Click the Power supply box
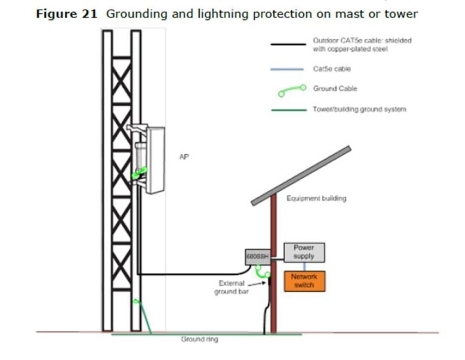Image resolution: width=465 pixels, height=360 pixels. pos(304,252)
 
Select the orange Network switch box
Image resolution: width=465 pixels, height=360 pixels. pos(304,281)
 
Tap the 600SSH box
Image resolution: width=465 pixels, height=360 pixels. pos(256,257)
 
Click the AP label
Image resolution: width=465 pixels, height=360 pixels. pos(185,157)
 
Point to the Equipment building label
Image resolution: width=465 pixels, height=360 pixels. pos(316,198)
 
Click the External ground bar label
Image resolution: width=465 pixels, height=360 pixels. pos(229,287)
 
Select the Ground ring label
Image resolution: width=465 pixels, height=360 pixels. pos(199,339)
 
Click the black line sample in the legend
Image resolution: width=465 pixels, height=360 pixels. pos(288,44)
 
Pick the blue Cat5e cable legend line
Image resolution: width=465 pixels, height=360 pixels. pos(288,70)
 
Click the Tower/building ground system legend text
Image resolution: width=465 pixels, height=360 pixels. pos(359,110)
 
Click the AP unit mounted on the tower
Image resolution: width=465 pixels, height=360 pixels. pos(156,160)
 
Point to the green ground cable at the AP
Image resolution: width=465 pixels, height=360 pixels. pos(137,174)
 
